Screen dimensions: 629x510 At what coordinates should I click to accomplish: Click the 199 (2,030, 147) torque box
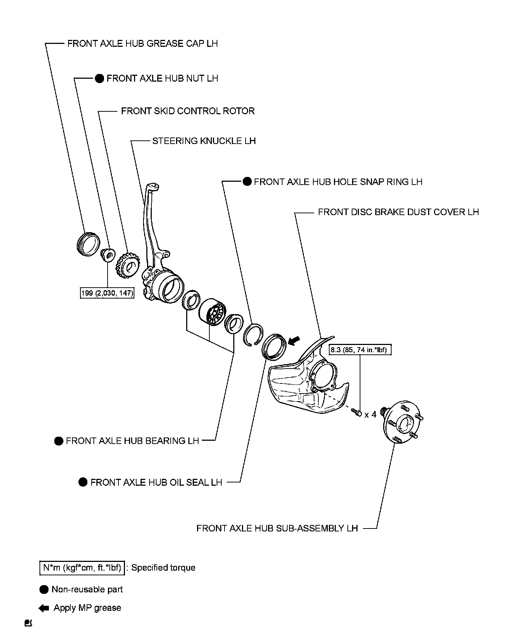click(107, 293)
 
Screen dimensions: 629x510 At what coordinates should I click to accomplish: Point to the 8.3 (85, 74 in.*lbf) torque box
click(360, 350)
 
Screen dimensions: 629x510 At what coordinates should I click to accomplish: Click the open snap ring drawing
click(254, 334)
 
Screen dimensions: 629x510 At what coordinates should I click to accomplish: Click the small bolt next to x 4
click(356, 412)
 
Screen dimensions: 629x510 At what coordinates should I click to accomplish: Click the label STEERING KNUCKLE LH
click(204, 141)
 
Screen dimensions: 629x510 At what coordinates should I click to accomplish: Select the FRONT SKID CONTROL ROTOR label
click(188, 111)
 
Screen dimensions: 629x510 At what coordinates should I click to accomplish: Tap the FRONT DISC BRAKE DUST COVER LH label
click(398, 212)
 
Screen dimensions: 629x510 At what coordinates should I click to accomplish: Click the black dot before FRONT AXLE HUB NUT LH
click(99, 78)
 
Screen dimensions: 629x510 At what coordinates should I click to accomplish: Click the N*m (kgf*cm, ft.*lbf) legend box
click(81, 568)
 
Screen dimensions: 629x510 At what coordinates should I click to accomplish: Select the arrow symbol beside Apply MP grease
click(44, 608)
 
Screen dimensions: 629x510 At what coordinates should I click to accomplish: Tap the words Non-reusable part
click(87, 589)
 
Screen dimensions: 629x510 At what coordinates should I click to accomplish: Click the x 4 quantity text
click(370, 414)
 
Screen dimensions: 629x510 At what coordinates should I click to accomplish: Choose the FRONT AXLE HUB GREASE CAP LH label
click(142, 44)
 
